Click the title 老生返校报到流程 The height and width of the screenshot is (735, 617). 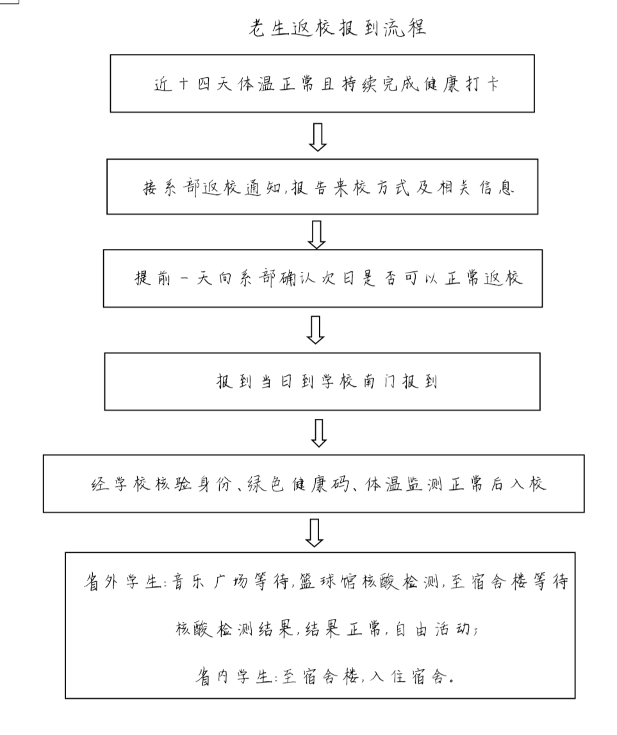pos(336,28)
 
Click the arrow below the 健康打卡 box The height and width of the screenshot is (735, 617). pos(318,137)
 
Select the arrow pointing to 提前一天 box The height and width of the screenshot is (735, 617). pos(317,235)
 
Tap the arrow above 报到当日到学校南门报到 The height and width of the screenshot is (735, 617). pos(315,330)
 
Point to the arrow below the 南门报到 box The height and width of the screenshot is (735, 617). pos(319,433)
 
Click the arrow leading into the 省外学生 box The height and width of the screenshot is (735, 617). pos(315,532)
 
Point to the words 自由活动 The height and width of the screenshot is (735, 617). pos(432,629)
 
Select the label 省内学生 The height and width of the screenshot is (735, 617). pos(234,677)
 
